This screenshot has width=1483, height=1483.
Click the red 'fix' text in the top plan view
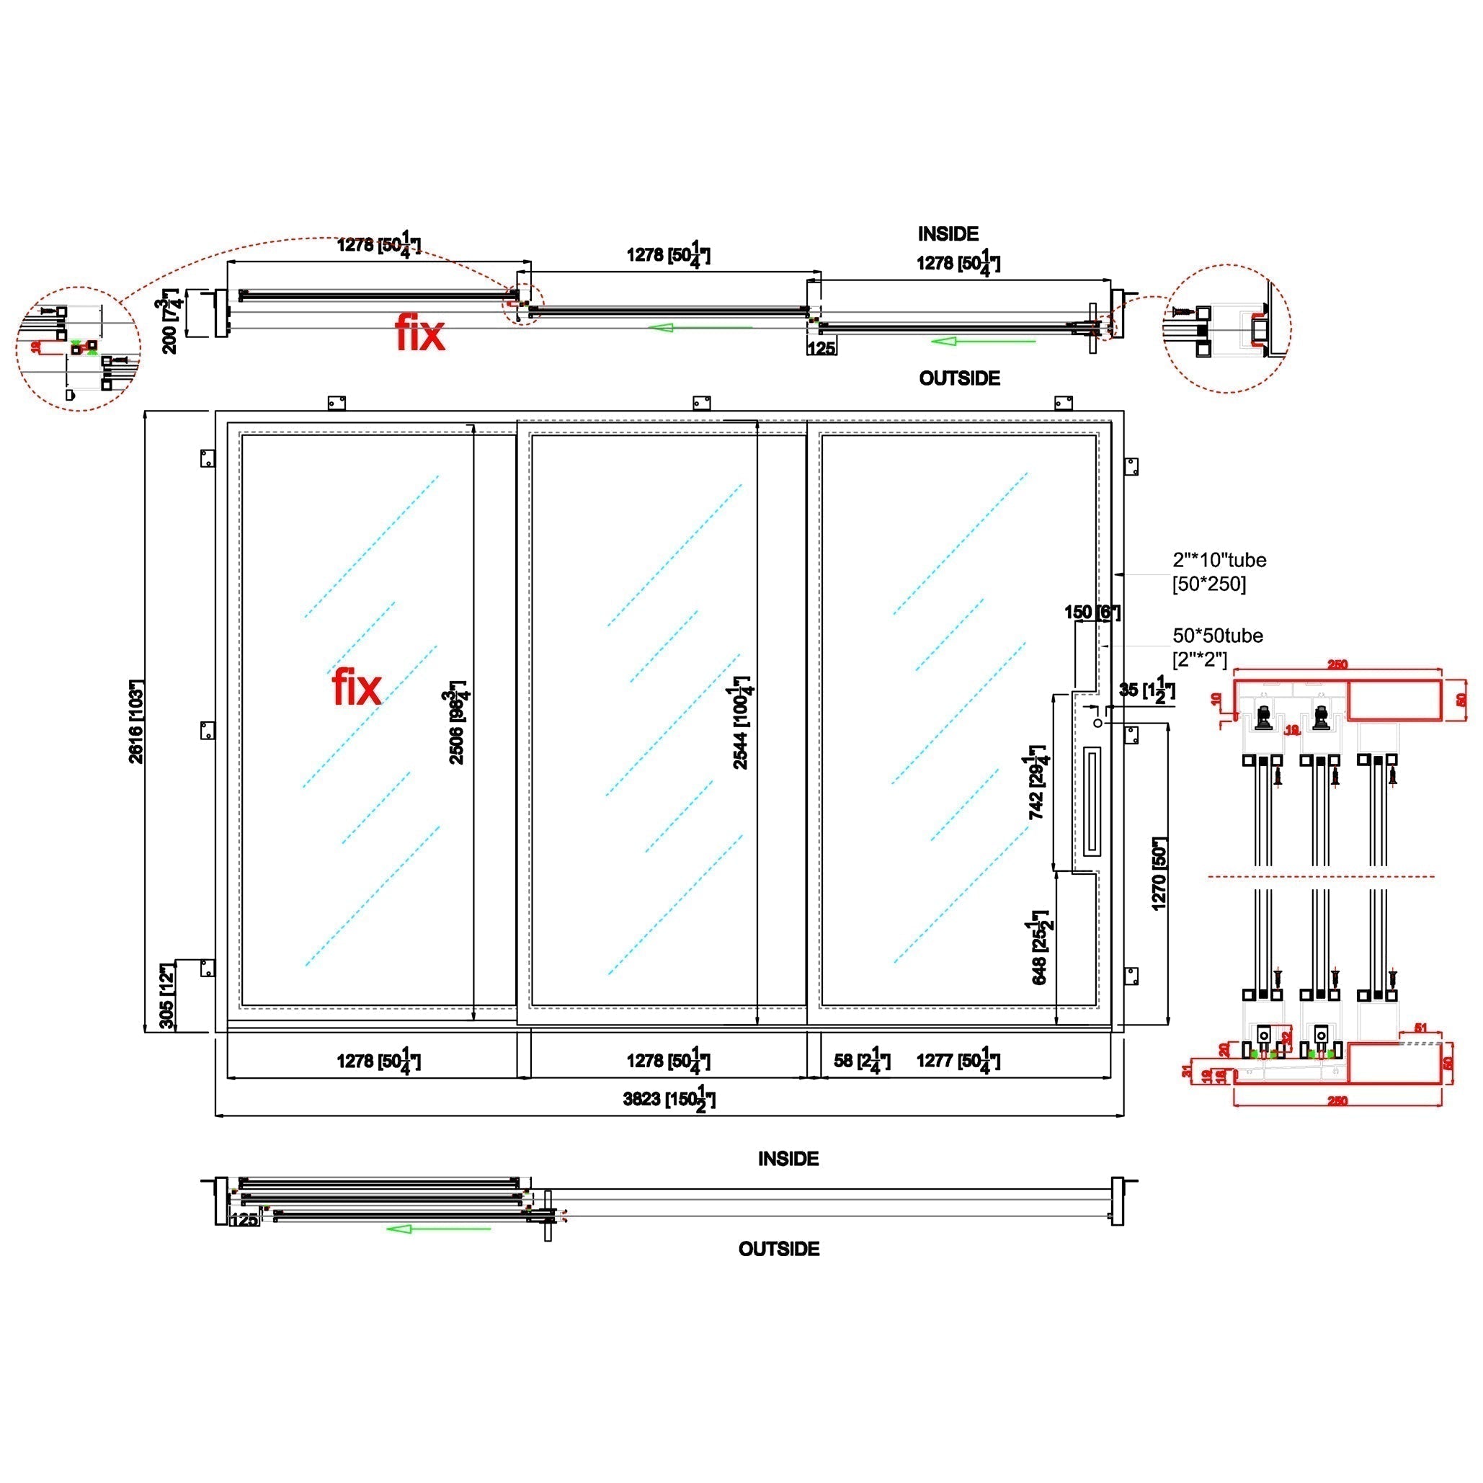tap(420, 334)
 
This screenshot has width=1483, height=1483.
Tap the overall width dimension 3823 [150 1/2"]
tap(669, 1098)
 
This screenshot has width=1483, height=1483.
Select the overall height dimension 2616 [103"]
tap(137, 721)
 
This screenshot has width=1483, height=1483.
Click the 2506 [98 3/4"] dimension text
tap(458, 722)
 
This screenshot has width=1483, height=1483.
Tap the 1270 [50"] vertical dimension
tap(1159, 873)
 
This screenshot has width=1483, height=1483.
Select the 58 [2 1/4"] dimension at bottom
tap(862, 1061)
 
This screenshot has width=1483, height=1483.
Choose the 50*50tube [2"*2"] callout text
tap(1217, 647)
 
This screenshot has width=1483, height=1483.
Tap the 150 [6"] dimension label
tap(1092, 612)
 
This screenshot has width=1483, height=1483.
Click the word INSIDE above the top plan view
tap(948, 234)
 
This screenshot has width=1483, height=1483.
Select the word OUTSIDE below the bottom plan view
tap(778, 1249)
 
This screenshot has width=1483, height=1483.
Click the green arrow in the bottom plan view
tap(437, 1229)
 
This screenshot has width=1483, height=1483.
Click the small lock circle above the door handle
tap(1097, 723)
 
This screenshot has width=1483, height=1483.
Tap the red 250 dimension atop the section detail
tap(1337, 664)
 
